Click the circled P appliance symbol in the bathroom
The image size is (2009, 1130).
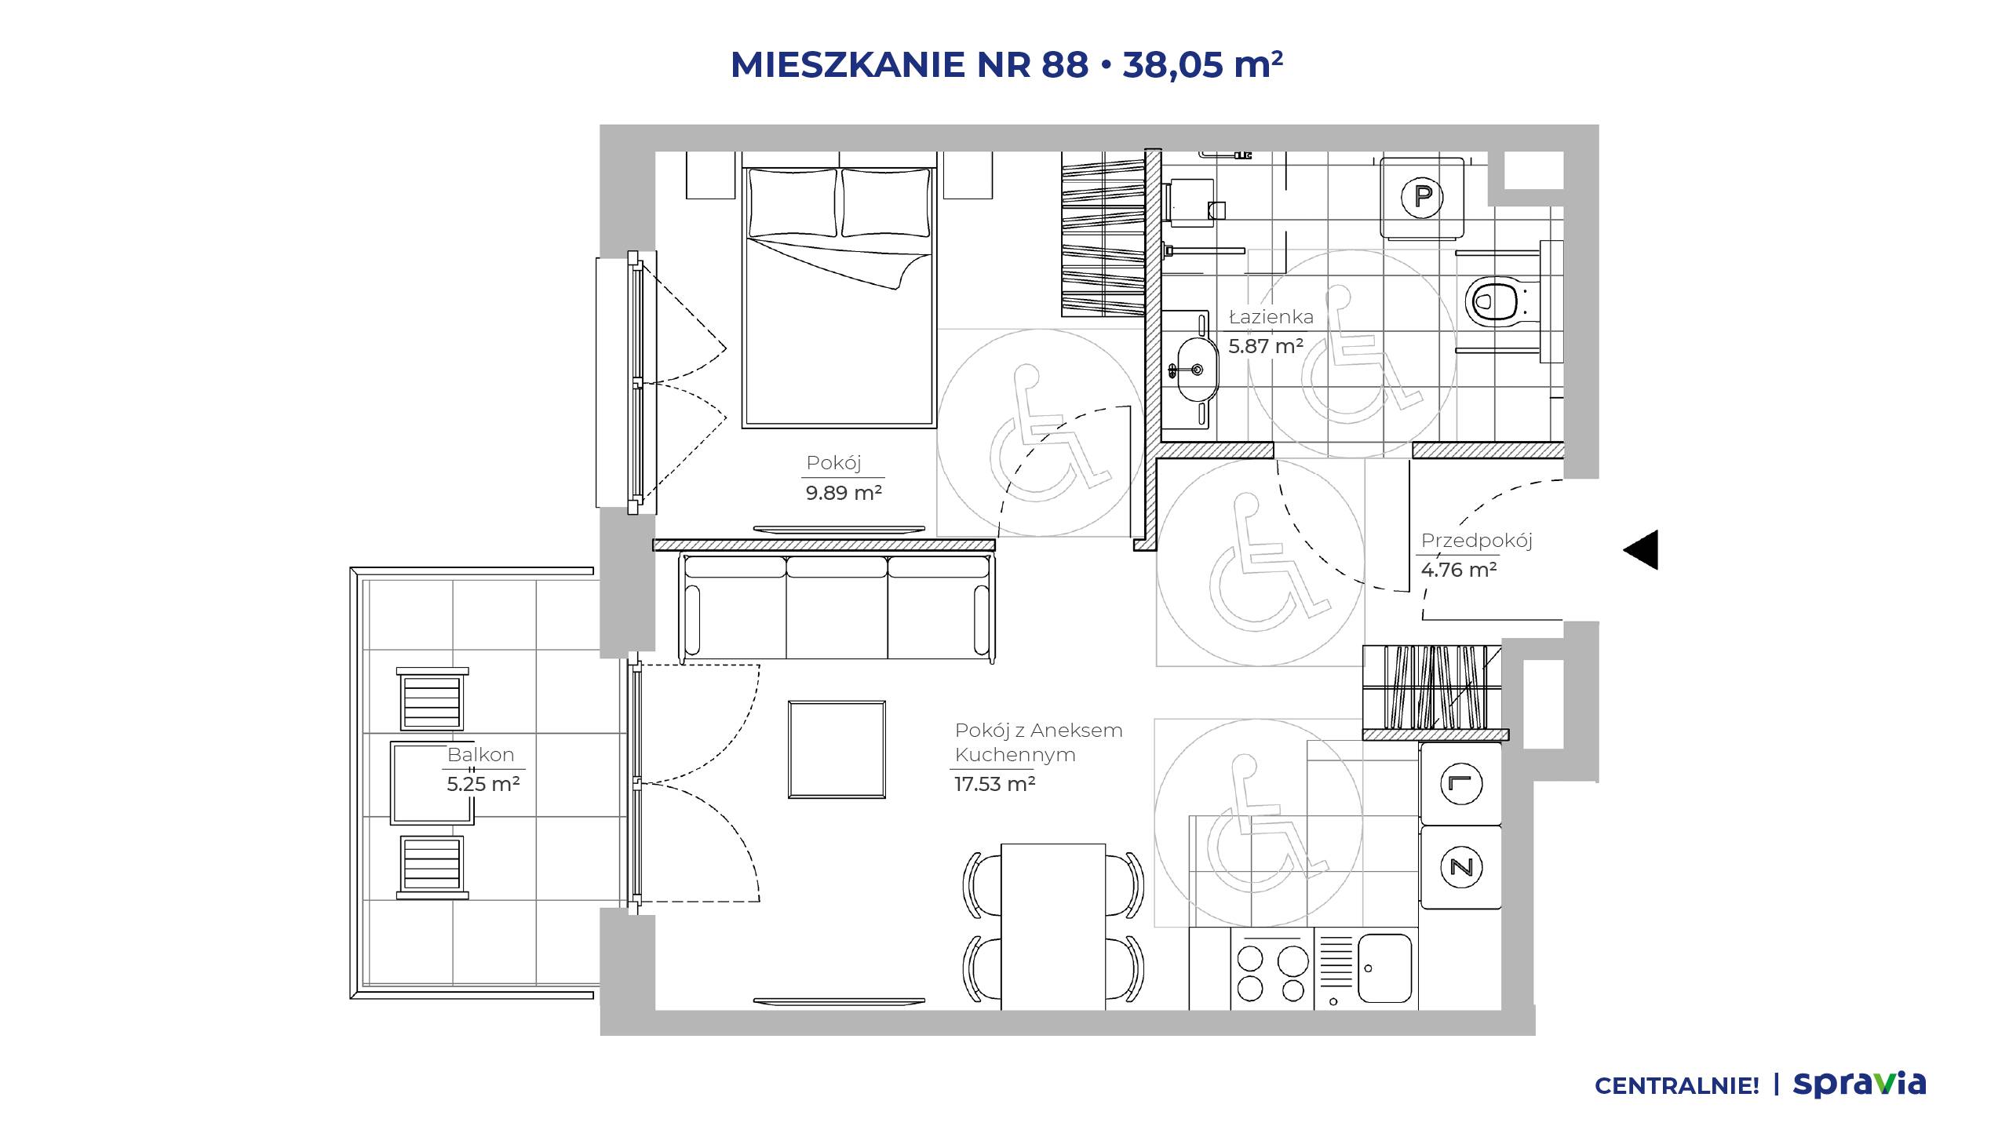(x=1422, y=196)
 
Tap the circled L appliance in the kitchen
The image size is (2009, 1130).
(x=1461, y=784)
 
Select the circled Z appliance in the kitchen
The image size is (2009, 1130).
(x=1461, y=867)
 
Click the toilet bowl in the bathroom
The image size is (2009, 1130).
(x=1494, y=301)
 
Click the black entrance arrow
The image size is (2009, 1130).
(x=1640, y=549)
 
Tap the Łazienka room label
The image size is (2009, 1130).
(x=1271, y=317)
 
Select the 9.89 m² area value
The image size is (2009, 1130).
(x=844, y=493)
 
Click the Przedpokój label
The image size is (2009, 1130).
(x=1476, y=541)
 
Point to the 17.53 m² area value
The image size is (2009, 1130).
(x=994, y=784)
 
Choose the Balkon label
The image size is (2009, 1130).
(x=480, y=755)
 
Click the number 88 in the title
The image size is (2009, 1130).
(x=1065, y=64)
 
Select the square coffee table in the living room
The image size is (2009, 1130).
(x=837, y=749)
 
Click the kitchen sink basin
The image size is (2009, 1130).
(x=1384, y=968)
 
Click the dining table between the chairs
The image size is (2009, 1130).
(x=1053, y=927)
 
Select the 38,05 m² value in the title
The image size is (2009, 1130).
(x=1202, y=64)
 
